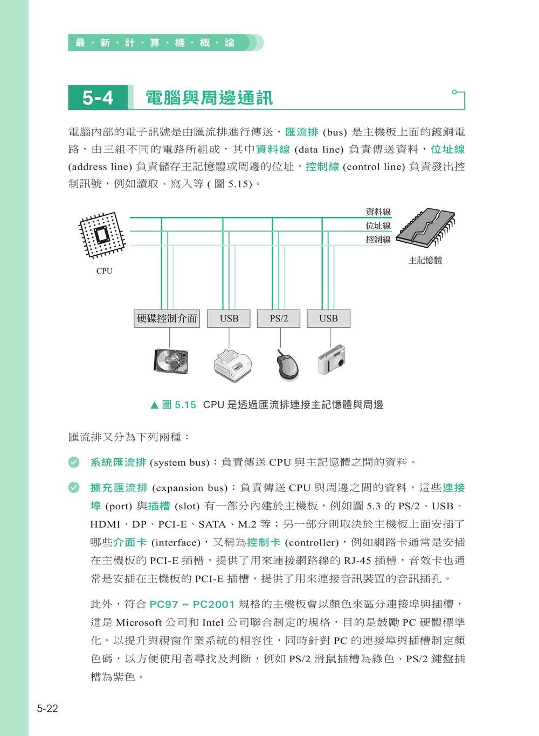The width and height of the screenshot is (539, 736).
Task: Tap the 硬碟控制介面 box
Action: (x=167, y=318)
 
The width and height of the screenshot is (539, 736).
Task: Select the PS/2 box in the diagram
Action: (x=279, y=318)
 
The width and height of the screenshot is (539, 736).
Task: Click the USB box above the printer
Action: (x=229, y=318)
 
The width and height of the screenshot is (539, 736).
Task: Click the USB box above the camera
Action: (x=328, y=318)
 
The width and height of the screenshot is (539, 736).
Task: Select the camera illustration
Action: (x=331, y=360)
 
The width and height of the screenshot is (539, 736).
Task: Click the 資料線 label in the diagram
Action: (x=378, y=213)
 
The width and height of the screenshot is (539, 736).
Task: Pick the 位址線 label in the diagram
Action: (x=378, y=226)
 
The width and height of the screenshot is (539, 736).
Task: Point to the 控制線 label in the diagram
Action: (x=378, y=240)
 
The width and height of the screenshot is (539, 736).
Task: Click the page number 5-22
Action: (x=47, y=709)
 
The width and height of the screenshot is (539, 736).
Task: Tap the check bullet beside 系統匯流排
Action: (x=74, y=462)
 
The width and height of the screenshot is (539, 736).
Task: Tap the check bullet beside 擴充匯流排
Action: (x=74, y=488)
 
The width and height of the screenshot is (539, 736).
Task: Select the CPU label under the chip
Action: (x=105, y=271)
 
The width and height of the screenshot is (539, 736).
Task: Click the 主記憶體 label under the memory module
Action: (x=425, y=260)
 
